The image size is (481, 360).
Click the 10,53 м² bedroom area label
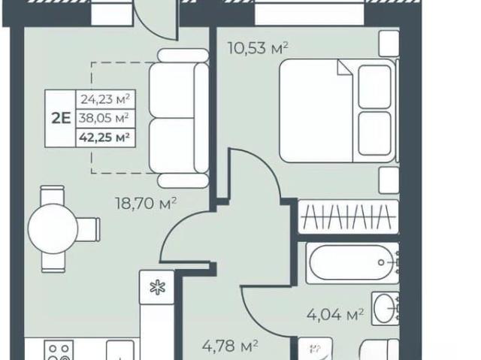click(258, 48)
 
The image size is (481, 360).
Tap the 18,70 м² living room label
click(146, 203)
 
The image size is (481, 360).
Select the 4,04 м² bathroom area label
click(335, 314)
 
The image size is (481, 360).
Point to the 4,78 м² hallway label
click(230, 346)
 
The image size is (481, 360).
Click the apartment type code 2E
click(61, 118)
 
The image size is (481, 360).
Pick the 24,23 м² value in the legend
click(105, 99)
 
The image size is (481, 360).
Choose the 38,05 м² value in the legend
click(104, 118)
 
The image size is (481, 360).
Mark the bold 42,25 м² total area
click(104, 137)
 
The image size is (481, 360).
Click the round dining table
click(53, 228)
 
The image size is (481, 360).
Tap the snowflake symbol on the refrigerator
click(157, 288)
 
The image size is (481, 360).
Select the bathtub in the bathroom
click(352, 262)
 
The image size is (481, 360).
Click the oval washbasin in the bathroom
click(385, 308)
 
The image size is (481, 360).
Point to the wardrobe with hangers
click(349, 216)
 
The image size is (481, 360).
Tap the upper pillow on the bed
click(374, 86)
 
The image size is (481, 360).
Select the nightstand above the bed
click(389, 44)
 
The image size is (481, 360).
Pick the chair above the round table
click(53, 195)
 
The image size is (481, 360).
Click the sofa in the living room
click(179, 118)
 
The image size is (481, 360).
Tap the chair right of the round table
click(89, 229)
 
